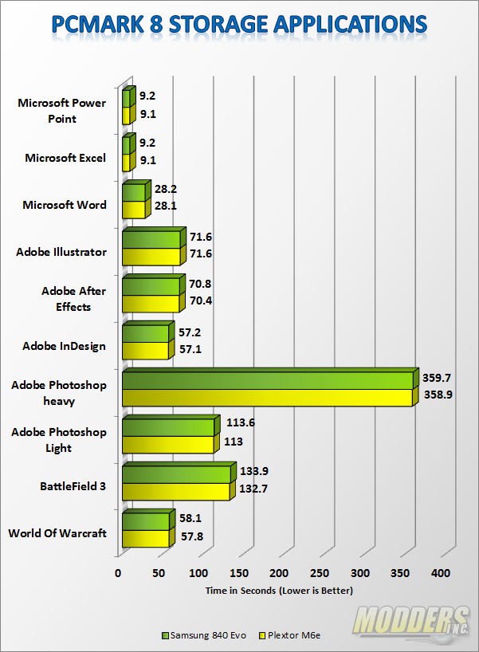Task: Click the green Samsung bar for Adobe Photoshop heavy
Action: click(x=267, y=380)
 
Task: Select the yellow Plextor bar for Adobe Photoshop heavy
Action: click(x=267, y=398)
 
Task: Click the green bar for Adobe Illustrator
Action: click(x=151, y=239)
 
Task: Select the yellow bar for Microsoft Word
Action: click(x=133, y=210)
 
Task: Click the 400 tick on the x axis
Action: click(x=440, y=574)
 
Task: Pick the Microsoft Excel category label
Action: click(x=65, y=158)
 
